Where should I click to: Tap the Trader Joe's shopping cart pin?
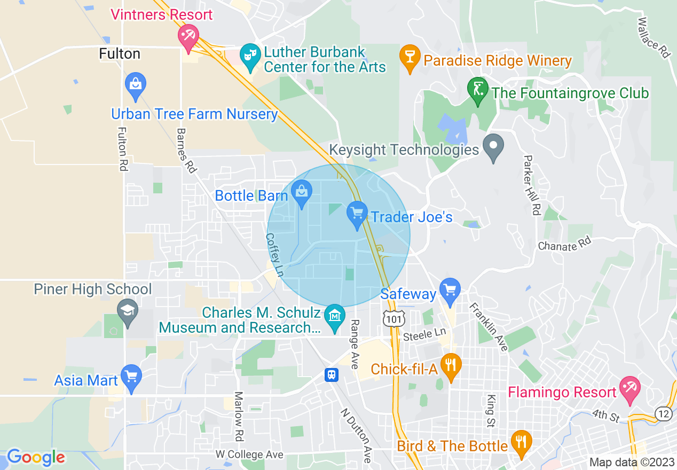coord(357,215)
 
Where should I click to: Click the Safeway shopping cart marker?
coord(451,291)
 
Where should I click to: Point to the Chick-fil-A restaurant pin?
coord(451,366)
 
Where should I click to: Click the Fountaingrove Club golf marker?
coord(478,90)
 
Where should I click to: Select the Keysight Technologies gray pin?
coord(493,146)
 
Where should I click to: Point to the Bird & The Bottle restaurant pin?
coord(521,443)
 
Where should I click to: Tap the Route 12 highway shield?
coord(663,413)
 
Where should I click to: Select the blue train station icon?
coord(332,374)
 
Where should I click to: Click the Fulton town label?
coord(120,54)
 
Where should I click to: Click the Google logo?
coord(36,457)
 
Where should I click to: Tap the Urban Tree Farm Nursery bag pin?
coord(136,85)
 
